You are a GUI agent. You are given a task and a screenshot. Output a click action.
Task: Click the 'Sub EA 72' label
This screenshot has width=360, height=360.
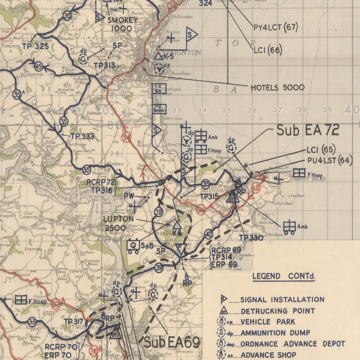tap(308, 130)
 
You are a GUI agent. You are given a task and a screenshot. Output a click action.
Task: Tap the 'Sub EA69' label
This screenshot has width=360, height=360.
tap(172, 342)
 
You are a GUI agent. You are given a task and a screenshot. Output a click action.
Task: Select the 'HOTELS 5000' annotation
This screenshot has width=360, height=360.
tap(277, 88)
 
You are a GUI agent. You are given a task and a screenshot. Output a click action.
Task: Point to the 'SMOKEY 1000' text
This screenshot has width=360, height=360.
tap(122, 24)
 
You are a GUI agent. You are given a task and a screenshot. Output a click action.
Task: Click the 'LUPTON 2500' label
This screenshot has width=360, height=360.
tap(118, 223)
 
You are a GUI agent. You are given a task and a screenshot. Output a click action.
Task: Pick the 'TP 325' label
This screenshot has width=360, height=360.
tap(35, 46)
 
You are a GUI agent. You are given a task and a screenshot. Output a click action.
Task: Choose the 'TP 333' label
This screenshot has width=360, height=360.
tap(82, 136)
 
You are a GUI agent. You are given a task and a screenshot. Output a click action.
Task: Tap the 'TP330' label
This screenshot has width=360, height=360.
tap(251, 238)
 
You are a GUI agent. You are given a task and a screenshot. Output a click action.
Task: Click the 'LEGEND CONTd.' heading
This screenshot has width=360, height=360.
tap(283, 276)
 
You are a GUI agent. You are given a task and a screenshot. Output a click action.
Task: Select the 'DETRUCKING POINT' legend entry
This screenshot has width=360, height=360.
tap(278, 311)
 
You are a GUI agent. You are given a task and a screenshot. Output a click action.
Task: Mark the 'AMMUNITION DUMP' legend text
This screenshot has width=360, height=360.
tap(275, 333)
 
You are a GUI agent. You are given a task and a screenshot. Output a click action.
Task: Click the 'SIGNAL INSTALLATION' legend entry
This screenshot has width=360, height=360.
tap(282, 300)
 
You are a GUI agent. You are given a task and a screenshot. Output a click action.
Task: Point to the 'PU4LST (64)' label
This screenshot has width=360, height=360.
tap(330, 161)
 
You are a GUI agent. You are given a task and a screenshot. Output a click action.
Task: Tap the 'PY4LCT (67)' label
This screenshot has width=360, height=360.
tap(275, 27)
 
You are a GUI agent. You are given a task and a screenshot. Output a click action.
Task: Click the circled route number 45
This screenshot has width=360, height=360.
tap(39, 67)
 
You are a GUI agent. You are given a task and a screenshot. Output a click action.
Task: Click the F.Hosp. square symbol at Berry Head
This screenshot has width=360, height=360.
tap(299, 173)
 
